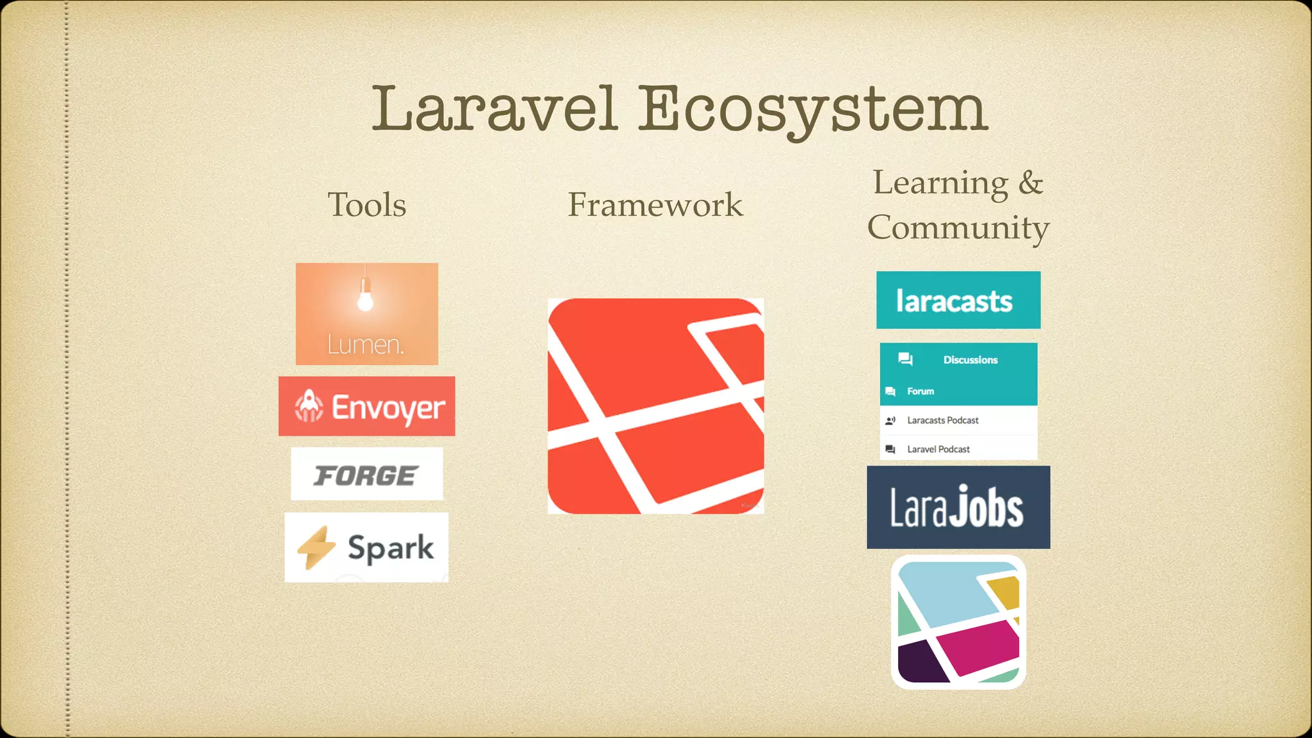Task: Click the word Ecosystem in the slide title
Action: pyautogui.click(x=814, y=110)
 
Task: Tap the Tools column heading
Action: pyautogui.click(x=367, y=205)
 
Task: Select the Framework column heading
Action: pyautogui.click(x=655, y=205)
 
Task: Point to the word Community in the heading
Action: pyautogui.click(x=958, y=228)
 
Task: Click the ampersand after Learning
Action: pyautogui.click(x=1030, y=183)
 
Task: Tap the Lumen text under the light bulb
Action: pyautogui.click(x=365, y=345)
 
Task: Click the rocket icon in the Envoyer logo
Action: pyautogui.click(x=309, y=406)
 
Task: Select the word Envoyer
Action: pyautogui.click(x=388, y=407)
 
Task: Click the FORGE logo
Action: pyautogui.click(x=366, y=475)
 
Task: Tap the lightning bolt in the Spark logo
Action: pyautogui.click(x=316, y=548)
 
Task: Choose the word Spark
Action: pyautogui.click(x=391, y=548)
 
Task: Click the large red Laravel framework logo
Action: pyautogui.click(x=655, y=406)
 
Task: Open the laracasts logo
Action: pyautogui.click(x=958, y=300)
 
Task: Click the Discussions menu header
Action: pyautogui.click(x=970, y=360)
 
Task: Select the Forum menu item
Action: pyautogui.click(x=921, y=391)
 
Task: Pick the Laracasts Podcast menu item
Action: pyautogui.click(x=942, y=421)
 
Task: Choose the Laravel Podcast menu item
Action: pyautogui.click(x=938, y=450)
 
